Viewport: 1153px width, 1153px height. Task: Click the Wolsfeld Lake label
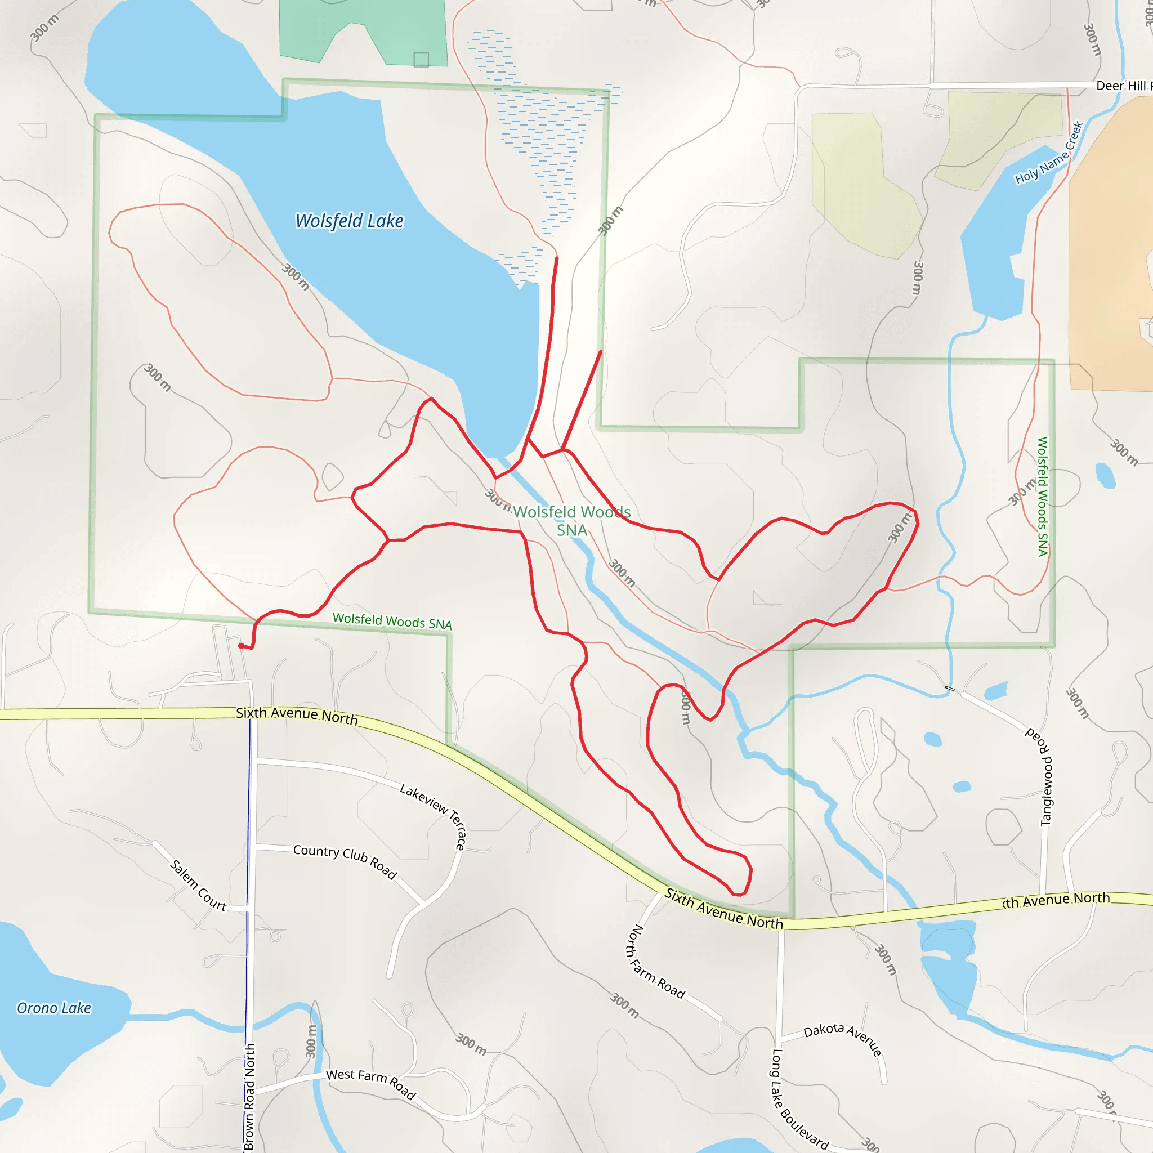350,221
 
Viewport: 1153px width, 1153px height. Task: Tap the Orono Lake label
53,1008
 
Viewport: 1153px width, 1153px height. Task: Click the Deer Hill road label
1122,86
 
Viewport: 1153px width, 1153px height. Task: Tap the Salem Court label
198,886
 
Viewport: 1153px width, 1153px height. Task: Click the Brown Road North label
249,1096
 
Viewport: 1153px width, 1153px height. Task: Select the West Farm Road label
370,1083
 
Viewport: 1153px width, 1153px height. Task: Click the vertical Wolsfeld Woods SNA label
1043,497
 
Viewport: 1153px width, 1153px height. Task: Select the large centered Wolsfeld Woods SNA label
572,520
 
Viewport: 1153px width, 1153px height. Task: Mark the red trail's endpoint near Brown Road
240,646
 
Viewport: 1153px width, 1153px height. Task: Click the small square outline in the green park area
421,60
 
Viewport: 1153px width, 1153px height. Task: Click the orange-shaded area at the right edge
1110,251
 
